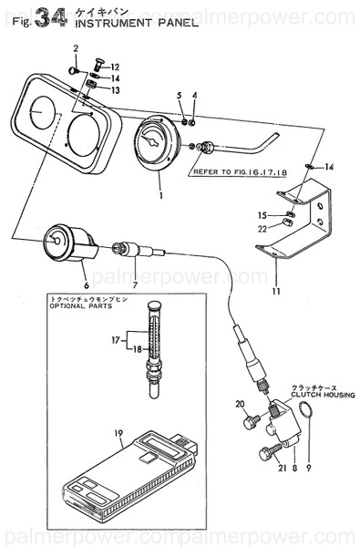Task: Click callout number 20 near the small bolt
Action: pyautogui.click(x=241, y=404)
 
